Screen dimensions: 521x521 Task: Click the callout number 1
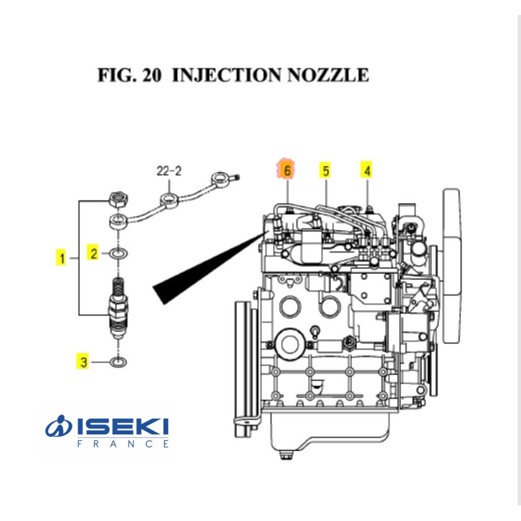63,259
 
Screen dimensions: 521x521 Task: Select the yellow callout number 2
94,253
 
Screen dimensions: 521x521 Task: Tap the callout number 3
83,361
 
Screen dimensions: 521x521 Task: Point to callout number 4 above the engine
367,171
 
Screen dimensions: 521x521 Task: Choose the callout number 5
325,171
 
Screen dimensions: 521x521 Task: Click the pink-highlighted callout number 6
286,171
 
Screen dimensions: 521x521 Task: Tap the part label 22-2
169,172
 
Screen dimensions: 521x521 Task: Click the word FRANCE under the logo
123,444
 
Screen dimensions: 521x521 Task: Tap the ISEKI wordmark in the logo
123,427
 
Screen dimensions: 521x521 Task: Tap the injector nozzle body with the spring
119,306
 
